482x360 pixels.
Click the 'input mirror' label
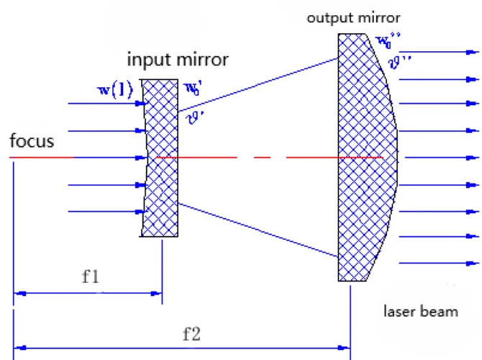178,59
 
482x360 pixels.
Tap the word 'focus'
32,140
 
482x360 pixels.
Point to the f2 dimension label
191,333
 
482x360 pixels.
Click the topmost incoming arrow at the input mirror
108,104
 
